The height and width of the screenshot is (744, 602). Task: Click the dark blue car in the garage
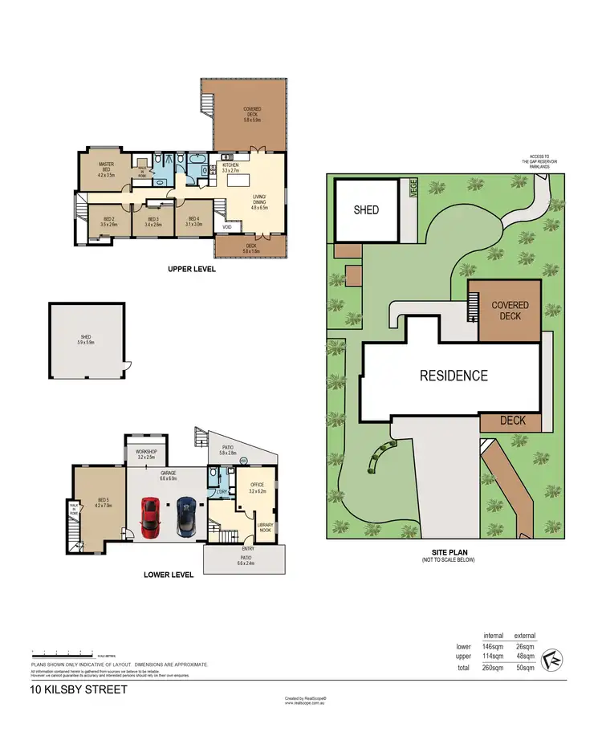[x=186, y=517]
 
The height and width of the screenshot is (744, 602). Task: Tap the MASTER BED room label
[x=106, y=166]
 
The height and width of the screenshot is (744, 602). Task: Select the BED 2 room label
[x=108, y=222]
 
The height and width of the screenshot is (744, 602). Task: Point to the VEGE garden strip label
[x=414, y=188]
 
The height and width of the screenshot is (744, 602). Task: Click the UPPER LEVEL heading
[x=192, y=269]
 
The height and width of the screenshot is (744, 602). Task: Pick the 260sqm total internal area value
[x=493, y=668]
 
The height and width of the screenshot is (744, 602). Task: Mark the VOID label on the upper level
[x=228, y=227]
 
